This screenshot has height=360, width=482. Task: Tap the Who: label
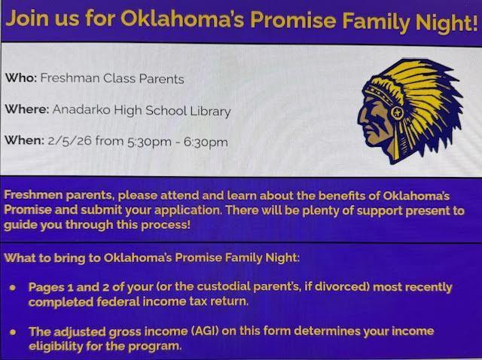point(21,78)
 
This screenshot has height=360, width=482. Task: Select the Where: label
point(27,110)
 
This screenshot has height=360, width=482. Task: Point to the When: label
point(25,140)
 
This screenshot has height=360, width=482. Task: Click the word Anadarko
point(83,110)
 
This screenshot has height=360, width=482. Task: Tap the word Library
point(210,110)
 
